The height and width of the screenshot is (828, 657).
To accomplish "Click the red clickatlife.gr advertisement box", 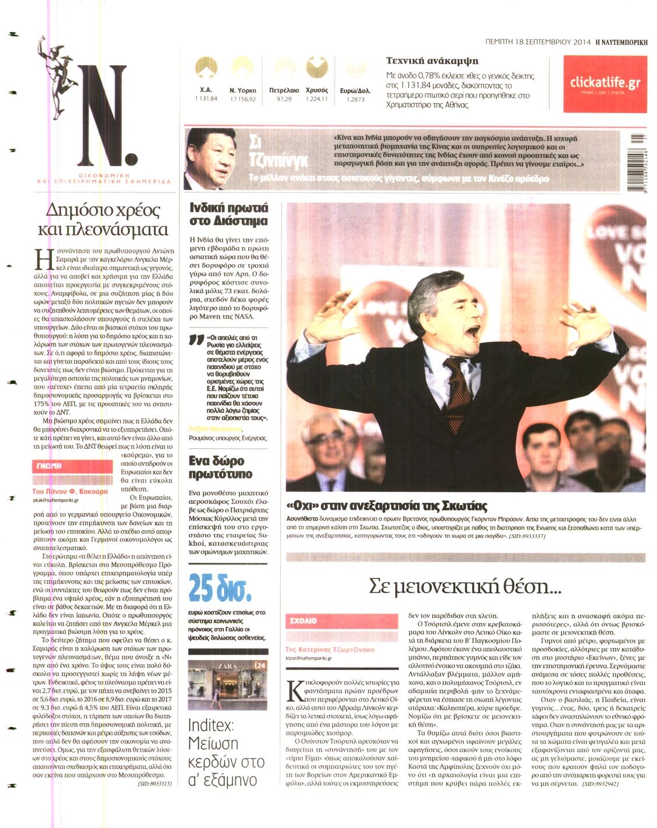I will click(605, 84).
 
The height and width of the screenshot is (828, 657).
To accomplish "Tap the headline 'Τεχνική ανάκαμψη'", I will click(432, 61).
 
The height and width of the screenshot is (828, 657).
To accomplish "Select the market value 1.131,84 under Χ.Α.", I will click(206, 99).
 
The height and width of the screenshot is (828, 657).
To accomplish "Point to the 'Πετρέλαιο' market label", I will click(284, 90).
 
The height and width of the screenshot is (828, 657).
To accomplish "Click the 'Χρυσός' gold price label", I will click(317, 90).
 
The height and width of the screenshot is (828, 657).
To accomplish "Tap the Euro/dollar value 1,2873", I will click(355, 100).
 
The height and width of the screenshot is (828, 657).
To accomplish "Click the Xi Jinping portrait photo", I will click(210, 159).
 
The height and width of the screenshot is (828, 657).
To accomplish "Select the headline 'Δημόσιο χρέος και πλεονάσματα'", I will click(103, 219).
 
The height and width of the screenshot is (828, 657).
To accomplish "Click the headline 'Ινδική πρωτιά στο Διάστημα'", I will click(229, 214).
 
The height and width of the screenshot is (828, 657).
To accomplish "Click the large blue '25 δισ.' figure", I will click(220, 589).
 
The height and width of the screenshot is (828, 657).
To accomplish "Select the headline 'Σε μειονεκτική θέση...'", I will click(465, 586).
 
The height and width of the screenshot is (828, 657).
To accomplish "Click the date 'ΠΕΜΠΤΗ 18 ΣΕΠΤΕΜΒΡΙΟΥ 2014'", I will click(538, 42).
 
